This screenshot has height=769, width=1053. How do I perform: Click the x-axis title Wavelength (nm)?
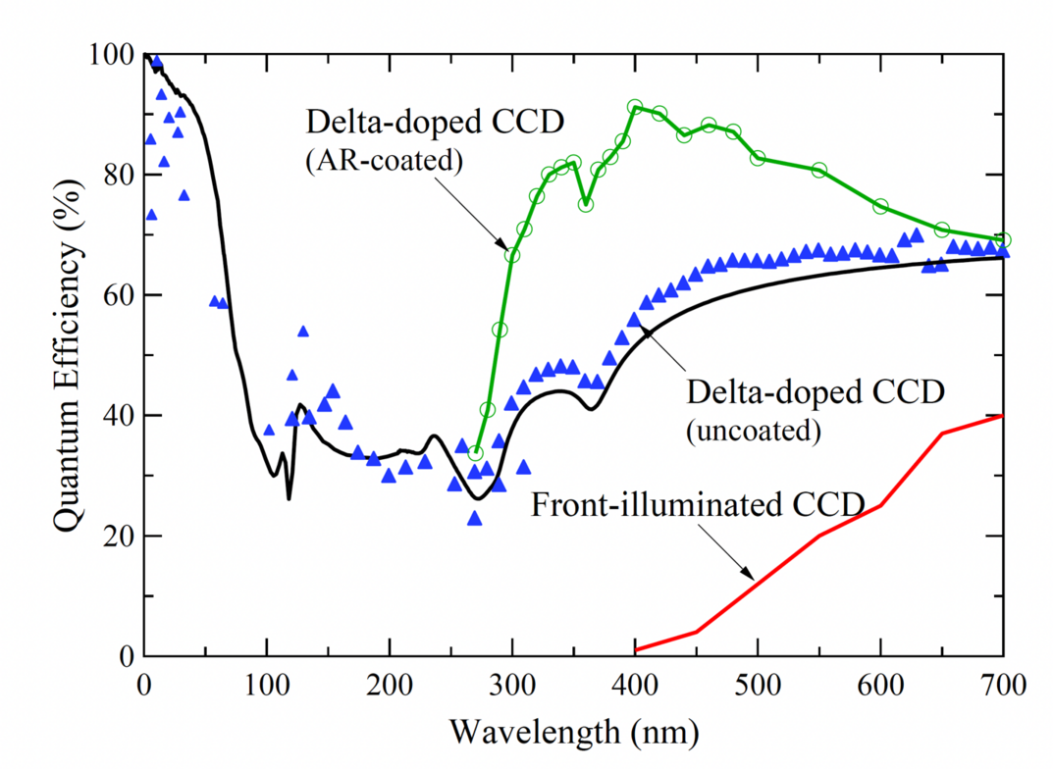coord(573,730)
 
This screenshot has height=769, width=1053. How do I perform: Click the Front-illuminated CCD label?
coord(698,506)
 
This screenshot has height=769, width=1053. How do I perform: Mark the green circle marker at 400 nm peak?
coord(635,107)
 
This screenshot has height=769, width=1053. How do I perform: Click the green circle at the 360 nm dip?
coord(586,204)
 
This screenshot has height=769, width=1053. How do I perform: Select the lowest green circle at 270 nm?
coord(475,453)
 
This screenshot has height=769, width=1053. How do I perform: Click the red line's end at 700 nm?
coord(1003,415)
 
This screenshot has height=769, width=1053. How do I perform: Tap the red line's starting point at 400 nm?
coord(635,650)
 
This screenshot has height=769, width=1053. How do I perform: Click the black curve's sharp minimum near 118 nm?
coord(289,498)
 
